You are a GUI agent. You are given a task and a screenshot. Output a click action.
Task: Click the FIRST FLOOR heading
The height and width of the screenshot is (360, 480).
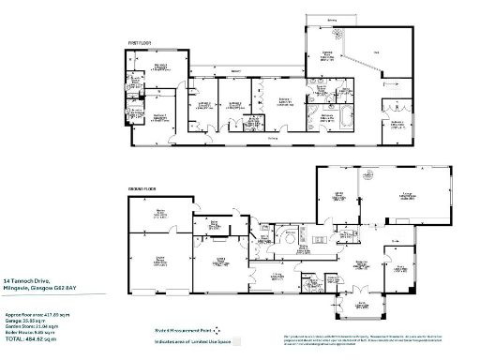coord(140,43)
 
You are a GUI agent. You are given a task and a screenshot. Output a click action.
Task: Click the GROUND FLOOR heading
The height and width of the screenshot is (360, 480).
coord(142,188)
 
